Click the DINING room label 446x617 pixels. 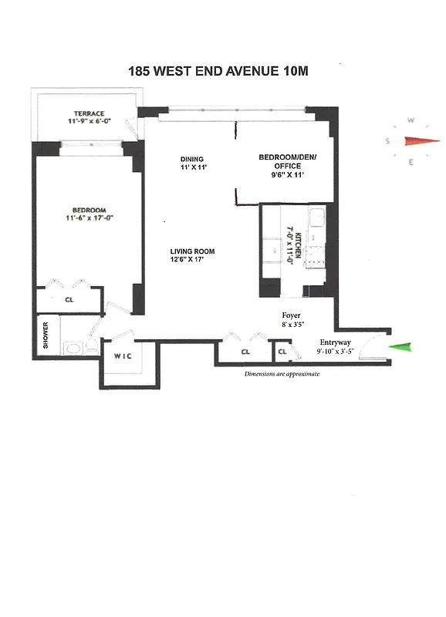pos(192,159)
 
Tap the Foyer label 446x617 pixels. pos(291,315)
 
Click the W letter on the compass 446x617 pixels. pos(412,120)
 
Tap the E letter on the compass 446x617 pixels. pos(411,161)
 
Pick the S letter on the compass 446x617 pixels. pos(390,141)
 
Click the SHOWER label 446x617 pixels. pos(46,335)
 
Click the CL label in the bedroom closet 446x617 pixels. pos(69,300)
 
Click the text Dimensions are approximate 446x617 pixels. pos(282,373)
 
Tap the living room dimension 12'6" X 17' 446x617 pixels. pos(192,261)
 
